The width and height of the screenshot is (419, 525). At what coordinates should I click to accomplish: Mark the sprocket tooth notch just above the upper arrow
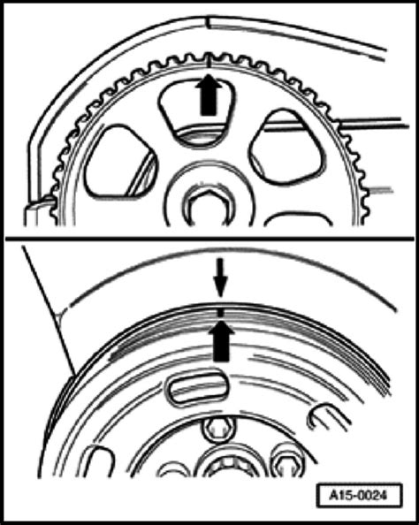click(209, 61)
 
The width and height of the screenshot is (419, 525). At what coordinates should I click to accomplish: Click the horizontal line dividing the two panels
click(209, 240)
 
